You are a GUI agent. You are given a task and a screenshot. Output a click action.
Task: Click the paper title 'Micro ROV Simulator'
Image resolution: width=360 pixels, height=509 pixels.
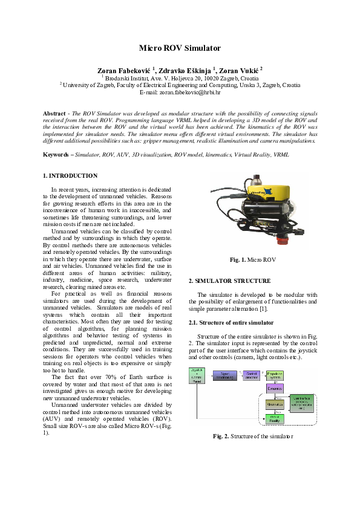(x=180, y=48)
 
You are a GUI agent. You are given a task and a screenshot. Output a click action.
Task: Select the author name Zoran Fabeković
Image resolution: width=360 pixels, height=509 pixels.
(x=124, y=70)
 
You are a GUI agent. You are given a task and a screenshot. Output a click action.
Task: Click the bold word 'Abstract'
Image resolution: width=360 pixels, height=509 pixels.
(x=54, y=114)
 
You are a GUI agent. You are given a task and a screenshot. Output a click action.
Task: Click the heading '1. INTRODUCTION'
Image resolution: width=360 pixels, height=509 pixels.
(x=70, y=176)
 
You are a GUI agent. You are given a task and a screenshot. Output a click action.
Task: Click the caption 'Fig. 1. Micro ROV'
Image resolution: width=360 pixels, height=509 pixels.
(x=253, y=259)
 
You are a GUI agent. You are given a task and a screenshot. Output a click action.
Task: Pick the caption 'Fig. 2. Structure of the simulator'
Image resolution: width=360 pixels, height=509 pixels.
(x=253, y=436)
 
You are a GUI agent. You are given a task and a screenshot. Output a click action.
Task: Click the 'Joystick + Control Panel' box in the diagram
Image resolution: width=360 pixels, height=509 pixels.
(x=197, y=375)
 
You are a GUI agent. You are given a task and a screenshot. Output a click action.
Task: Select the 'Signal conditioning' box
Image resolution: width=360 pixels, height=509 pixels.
(x=224, y=375)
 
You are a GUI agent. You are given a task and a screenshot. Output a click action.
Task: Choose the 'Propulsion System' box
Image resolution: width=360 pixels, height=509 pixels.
(x=275, y=375)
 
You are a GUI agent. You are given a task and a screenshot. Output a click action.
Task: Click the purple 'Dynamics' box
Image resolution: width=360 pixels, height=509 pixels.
(x=275, y=389)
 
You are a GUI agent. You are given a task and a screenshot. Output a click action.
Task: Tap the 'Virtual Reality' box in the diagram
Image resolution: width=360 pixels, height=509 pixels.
(x=275, y=418)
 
